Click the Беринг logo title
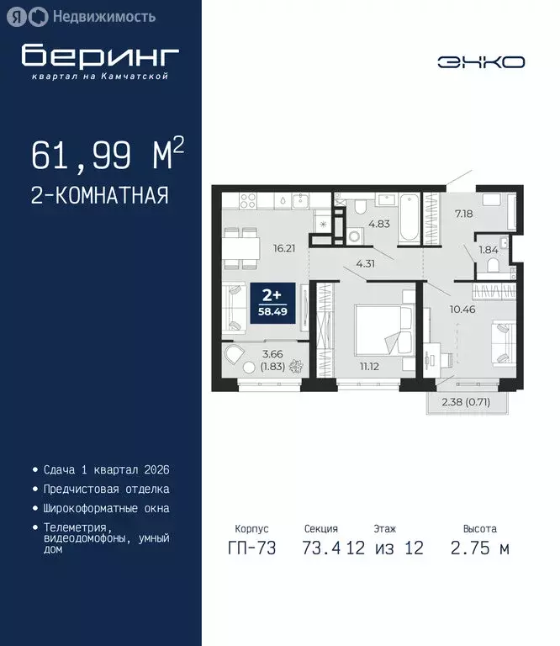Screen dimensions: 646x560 100,56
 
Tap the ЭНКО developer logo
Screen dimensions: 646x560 481,61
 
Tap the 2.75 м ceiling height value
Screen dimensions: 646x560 479,549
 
